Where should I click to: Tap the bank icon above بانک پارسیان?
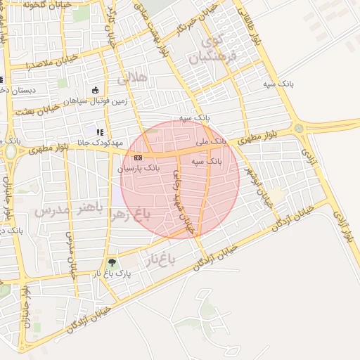point(137,157)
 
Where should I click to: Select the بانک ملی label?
point(212,141)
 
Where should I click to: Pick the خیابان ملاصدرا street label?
point(50,64)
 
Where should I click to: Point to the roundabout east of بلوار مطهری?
point(299,129)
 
